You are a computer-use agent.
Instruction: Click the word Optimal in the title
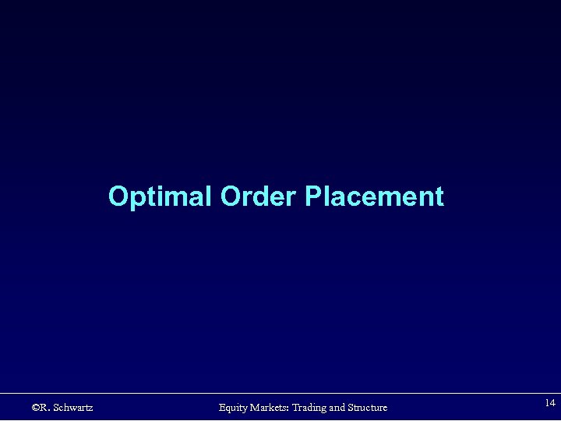click(161, 196)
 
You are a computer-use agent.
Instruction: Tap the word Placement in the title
click(374, 196)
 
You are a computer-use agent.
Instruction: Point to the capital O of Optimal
click(118, 196)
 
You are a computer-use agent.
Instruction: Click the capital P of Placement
click(312, 196)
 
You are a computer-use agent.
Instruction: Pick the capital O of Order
click(230, 196)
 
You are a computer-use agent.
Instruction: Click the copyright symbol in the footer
click(36, 408)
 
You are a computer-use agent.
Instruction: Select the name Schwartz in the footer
click(74, 408)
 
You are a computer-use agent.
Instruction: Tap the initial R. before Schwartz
click(46, 408)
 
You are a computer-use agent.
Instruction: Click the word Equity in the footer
click(233, 408)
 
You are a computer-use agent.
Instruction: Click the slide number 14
click(550, 403)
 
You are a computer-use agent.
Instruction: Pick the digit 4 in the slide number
click(552, 403)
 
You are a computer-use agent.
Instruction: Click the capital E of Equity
click(222, 408)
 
